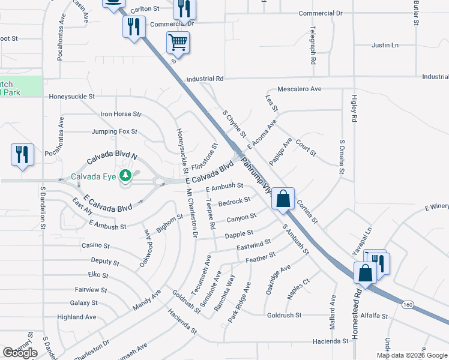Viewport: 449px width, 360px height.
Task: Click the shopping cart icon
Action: (177, 43)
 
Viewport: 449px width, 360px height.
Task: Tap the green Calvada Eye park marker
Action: (125, 176)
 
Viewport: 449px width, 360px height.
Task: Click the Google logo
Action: (20, 353)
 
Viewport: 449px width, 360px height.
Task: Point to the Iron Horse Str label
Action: (121, 113)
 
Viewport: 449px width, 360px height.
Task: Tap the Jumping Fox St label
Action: (115, 131)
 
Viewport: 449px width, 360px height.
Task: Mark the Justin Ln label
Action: (385, 45)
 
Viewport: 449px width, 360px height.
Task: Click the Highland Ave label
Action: (76, 317)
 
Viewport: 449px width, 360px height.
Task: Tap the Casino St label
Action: (95, 245)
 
